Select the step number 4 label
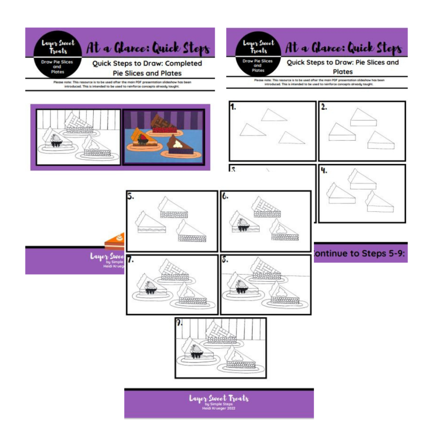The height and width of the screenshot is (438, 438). [324, 170]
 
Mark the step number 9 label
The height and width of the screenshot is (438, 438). [180, 323]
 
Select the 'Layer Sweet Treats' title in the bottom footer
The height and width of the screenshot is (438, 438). [219, 398]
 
